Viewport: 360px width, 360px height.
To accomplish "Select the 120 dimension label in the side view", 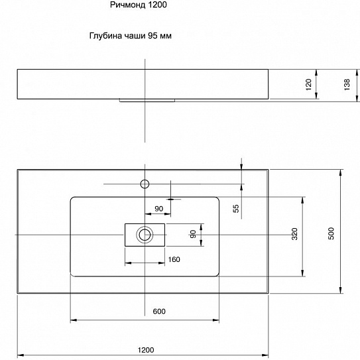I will (308, 85).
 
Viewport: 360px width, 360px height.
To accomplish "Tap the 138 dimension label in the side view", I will (347, 85).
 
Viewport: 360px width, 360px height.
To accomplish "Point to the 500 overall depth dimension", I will (331, 232).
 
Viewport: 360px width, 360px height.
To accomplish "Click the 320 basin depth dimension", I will (294, 234).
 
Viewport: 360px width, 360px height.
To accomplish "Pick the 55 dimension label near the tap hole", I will (235, 209).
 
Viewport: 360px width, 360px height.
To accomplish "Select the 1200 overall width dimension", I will (146, 349).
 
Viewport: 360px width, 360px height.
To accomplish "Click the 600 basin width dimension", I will (158, 312).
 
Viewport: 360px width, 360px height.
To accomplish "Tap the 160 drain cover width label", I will (174, 259).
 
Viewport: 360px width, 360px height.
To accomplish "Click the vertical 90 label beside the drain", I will (193, 234).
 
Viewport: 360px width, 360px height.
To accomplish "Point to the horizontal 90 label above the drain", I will (159, 209).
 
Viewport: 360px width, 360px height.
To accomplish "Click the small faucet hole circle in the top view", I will (144, 182).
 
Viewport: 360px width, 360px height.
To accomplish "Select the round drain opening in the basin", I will (145, 234).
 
